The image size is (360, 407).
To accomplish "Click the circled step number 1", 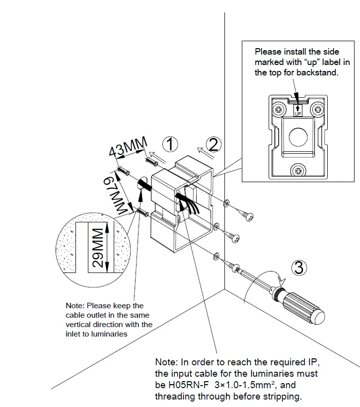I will point(170,144).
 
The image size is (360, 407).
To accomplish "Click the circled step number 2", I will point(213,144).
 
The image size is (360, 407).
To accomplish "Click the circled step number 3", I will point(298,268).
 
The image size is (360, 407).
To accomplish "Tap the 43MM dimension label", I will point(128,148).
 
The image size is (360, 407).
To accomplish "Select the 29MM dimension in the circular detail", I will point(99,248).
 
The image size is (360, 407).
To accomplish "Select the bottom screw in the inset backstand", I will point(298,170).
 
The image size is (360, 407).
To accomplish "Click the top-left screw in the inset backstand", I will point(280,109).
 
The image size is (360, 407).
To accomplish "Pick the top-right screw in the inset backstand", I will point(316,109).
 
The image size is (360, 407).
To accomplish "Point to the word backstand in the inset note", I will point(320,72).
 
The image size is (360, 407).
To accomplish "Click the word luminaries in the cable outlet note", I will point(109,334).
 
